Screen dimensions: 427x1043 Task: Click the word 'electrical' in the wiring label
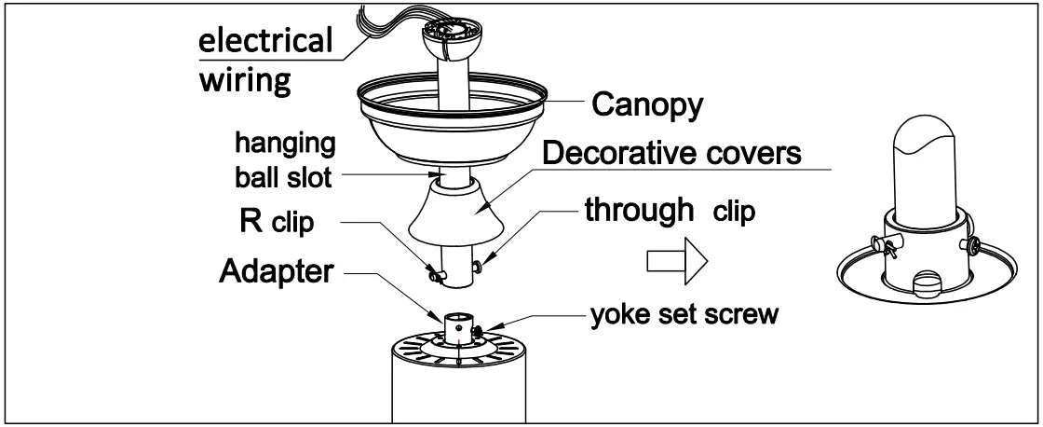(x=267, y=41)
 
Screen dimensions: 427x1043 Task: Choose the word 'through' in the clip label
(x=639, y=211)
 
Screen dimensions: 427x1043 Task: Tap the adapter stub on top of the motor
(x=458, y=329)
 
